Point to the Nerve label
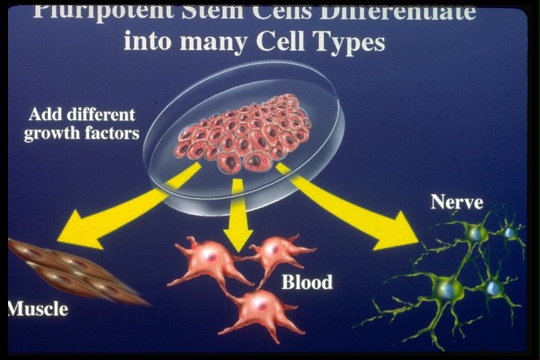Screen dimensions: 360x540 pyautogui.click(x=457, y=202)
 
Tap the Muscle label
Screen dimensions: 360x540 pyautogui.click(x=38, y=310)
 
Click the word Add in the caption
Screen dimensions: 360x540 pyautogui.click(x=48, y=114)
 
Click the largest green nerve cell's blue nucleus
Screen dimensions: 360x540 pyautogui.click(x=448, y=288)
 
